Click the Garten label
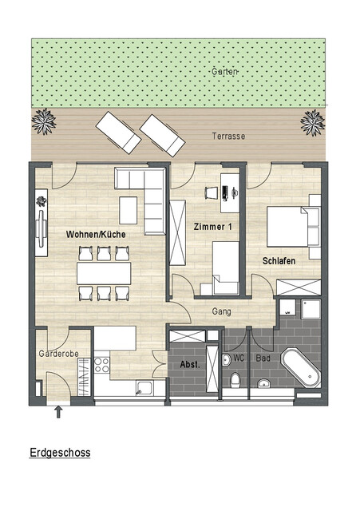click(224, 72)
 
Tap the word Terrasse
click(228, 137)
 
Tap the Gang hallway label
click(221, 311)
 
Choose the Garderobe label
click(57, 353)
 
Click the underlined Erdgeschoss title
click(60, 453)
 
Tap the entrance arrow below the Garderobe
click(57, 412)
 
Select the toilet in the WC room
click(235, 377)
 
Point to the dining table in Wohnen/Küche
click(104, 273)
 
